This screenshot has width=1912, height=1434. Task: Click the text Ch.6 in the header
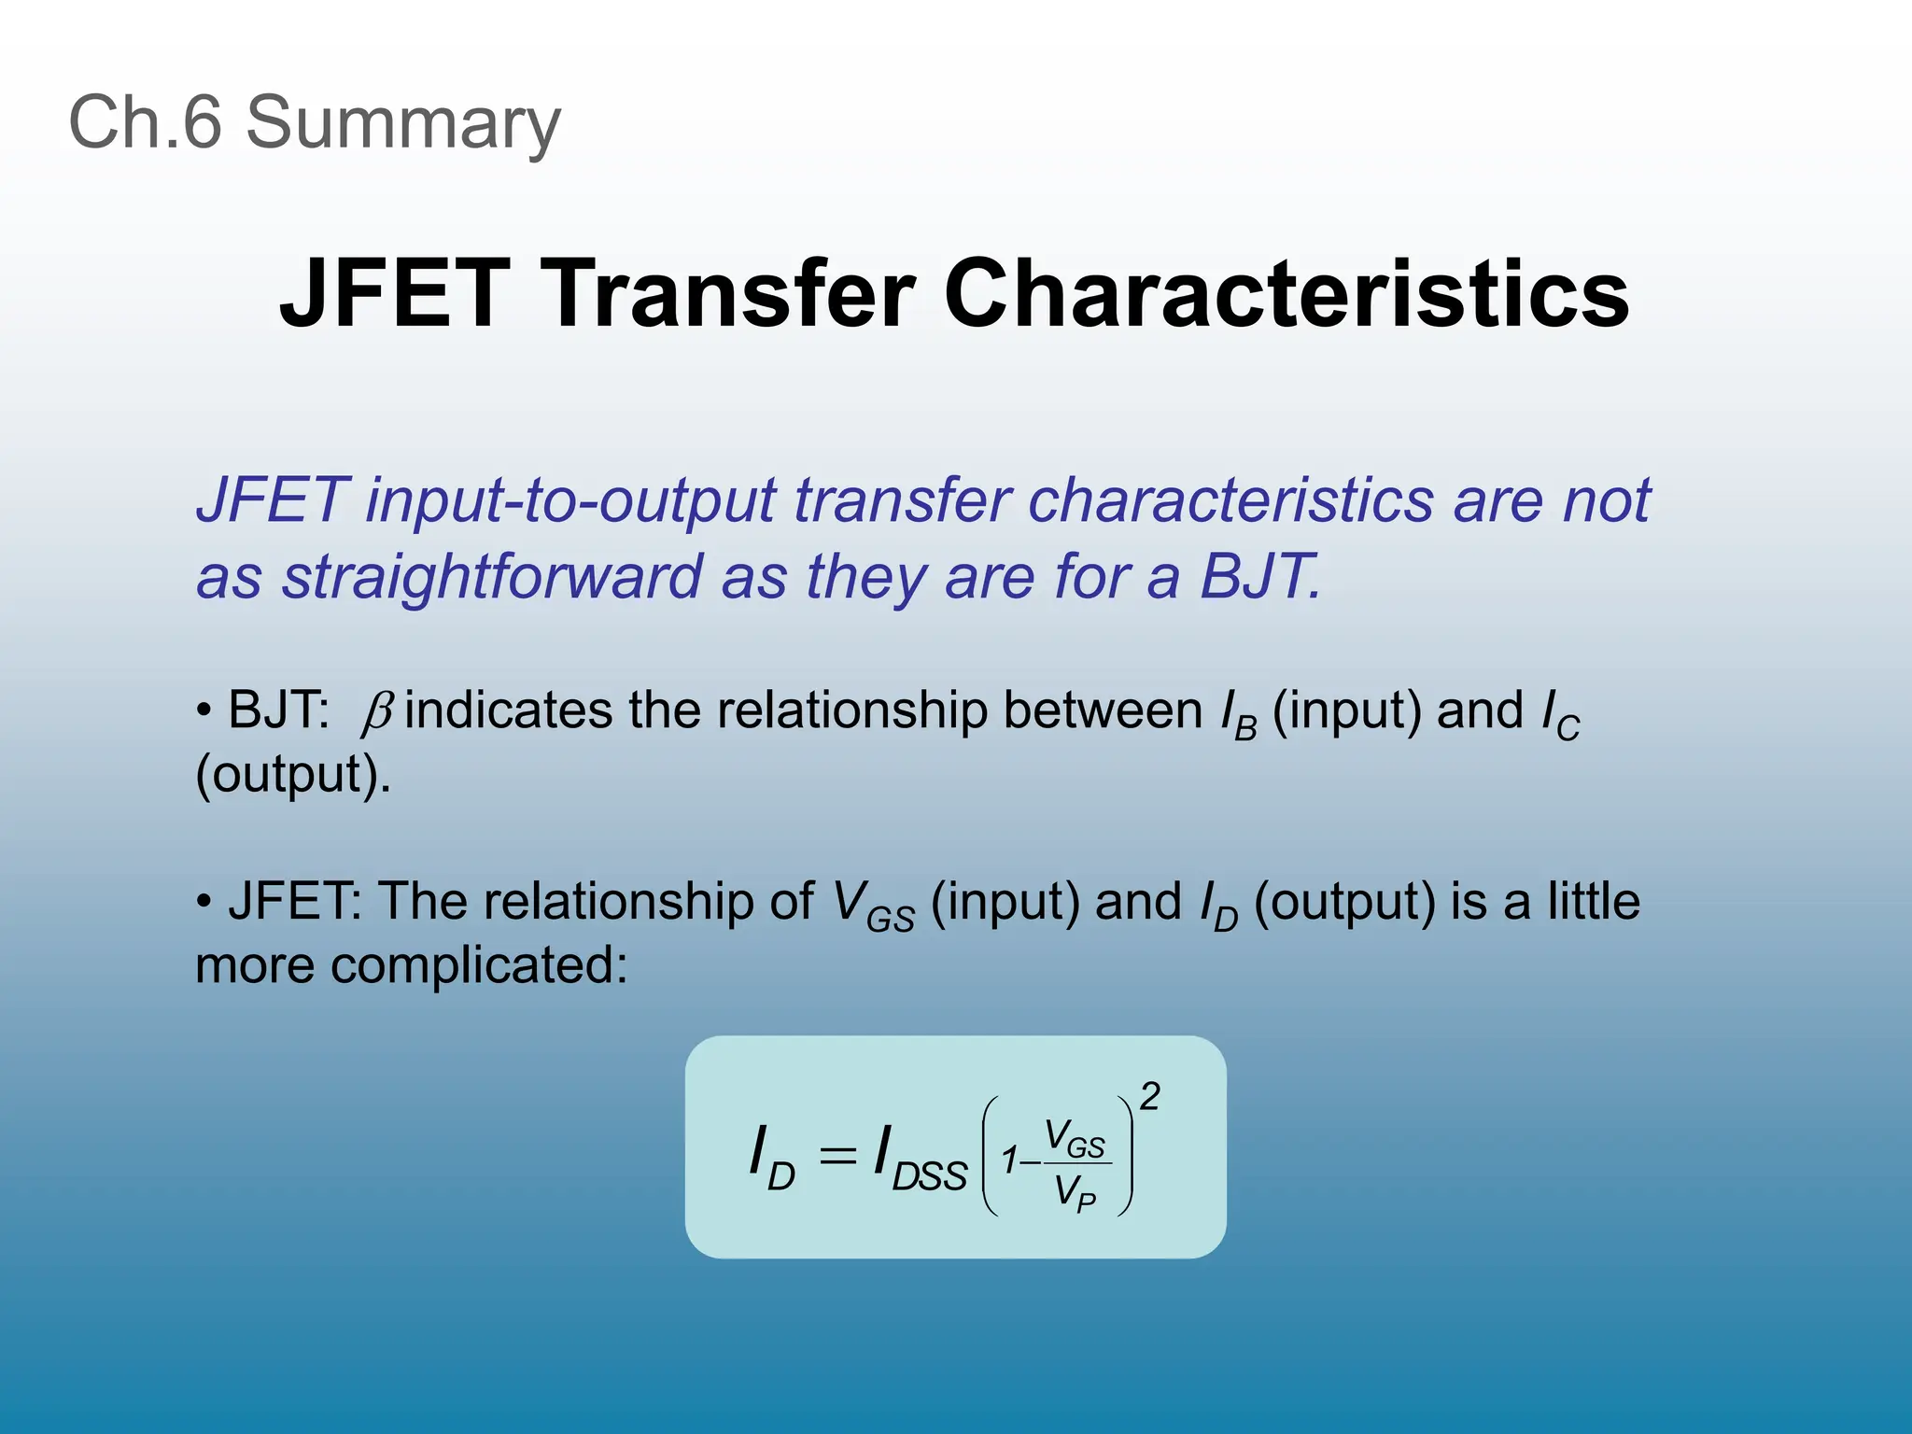pyautogui.click(x=145, y=122)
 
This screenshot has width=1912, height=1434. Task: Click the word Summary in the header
pyautogui.click(x=402, y=124)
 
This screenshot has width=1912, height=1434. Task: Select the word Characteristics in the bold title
pyautogui.click(x=1286, y=294)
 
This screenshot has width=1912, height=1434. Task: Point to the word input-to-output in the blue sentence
pyautogui.click(x=570, y=501)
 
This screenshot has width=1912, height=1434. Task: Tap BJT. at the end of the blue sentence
pyautogui.click(x=1260, y=577)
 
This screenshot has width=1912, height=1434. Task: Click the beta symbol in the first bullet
pyautogui.click(x=377, y=713)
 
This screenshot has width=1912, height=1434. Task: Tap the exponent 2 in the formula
pyautogui.click(x=1149, y=1096)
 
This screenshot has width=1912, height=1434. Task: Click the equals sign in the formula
pyautogui.click(x=836, y=1157)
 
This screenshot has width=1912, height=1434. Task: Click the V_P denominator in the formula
pyautogui.click(x=1074, y=1193)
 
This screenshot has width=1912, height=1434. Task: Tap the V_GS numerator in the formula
pyautogui.click(x=1074, y=1138)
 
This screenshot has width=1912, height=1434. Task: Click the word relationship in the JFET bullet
pyautogui.click(x=644, y=903)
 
